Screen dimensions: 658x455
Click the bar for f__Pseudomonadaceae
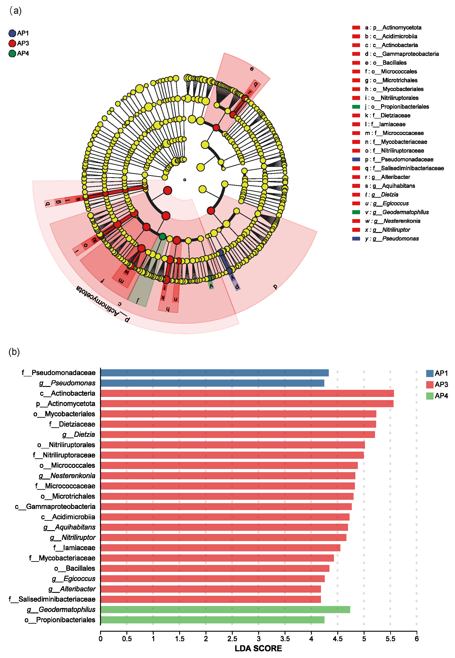click(214, 373)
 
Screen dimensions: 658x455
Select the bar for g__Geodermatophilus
click(225, 609)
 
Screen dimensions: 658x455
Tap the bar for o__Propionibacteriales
click(212, 620)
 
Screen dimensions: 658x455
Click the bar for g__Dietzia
click(237, 434)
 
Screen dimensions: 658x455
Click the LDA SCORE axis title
click(258, 648)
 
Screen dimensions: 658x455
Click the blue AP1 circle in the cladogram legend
click(12, 33)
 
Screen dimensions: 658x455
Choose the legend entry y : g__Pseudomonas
click(391, 239)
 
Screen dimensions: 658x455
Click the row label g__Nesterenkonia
click(67, 475)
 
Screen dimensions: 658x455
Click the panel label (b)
click(14, 352)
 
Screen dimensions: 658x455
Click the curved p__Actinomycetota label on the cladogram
click(103, 304)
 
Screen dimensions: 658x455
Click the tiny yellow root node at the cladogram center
click(185, 180)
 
